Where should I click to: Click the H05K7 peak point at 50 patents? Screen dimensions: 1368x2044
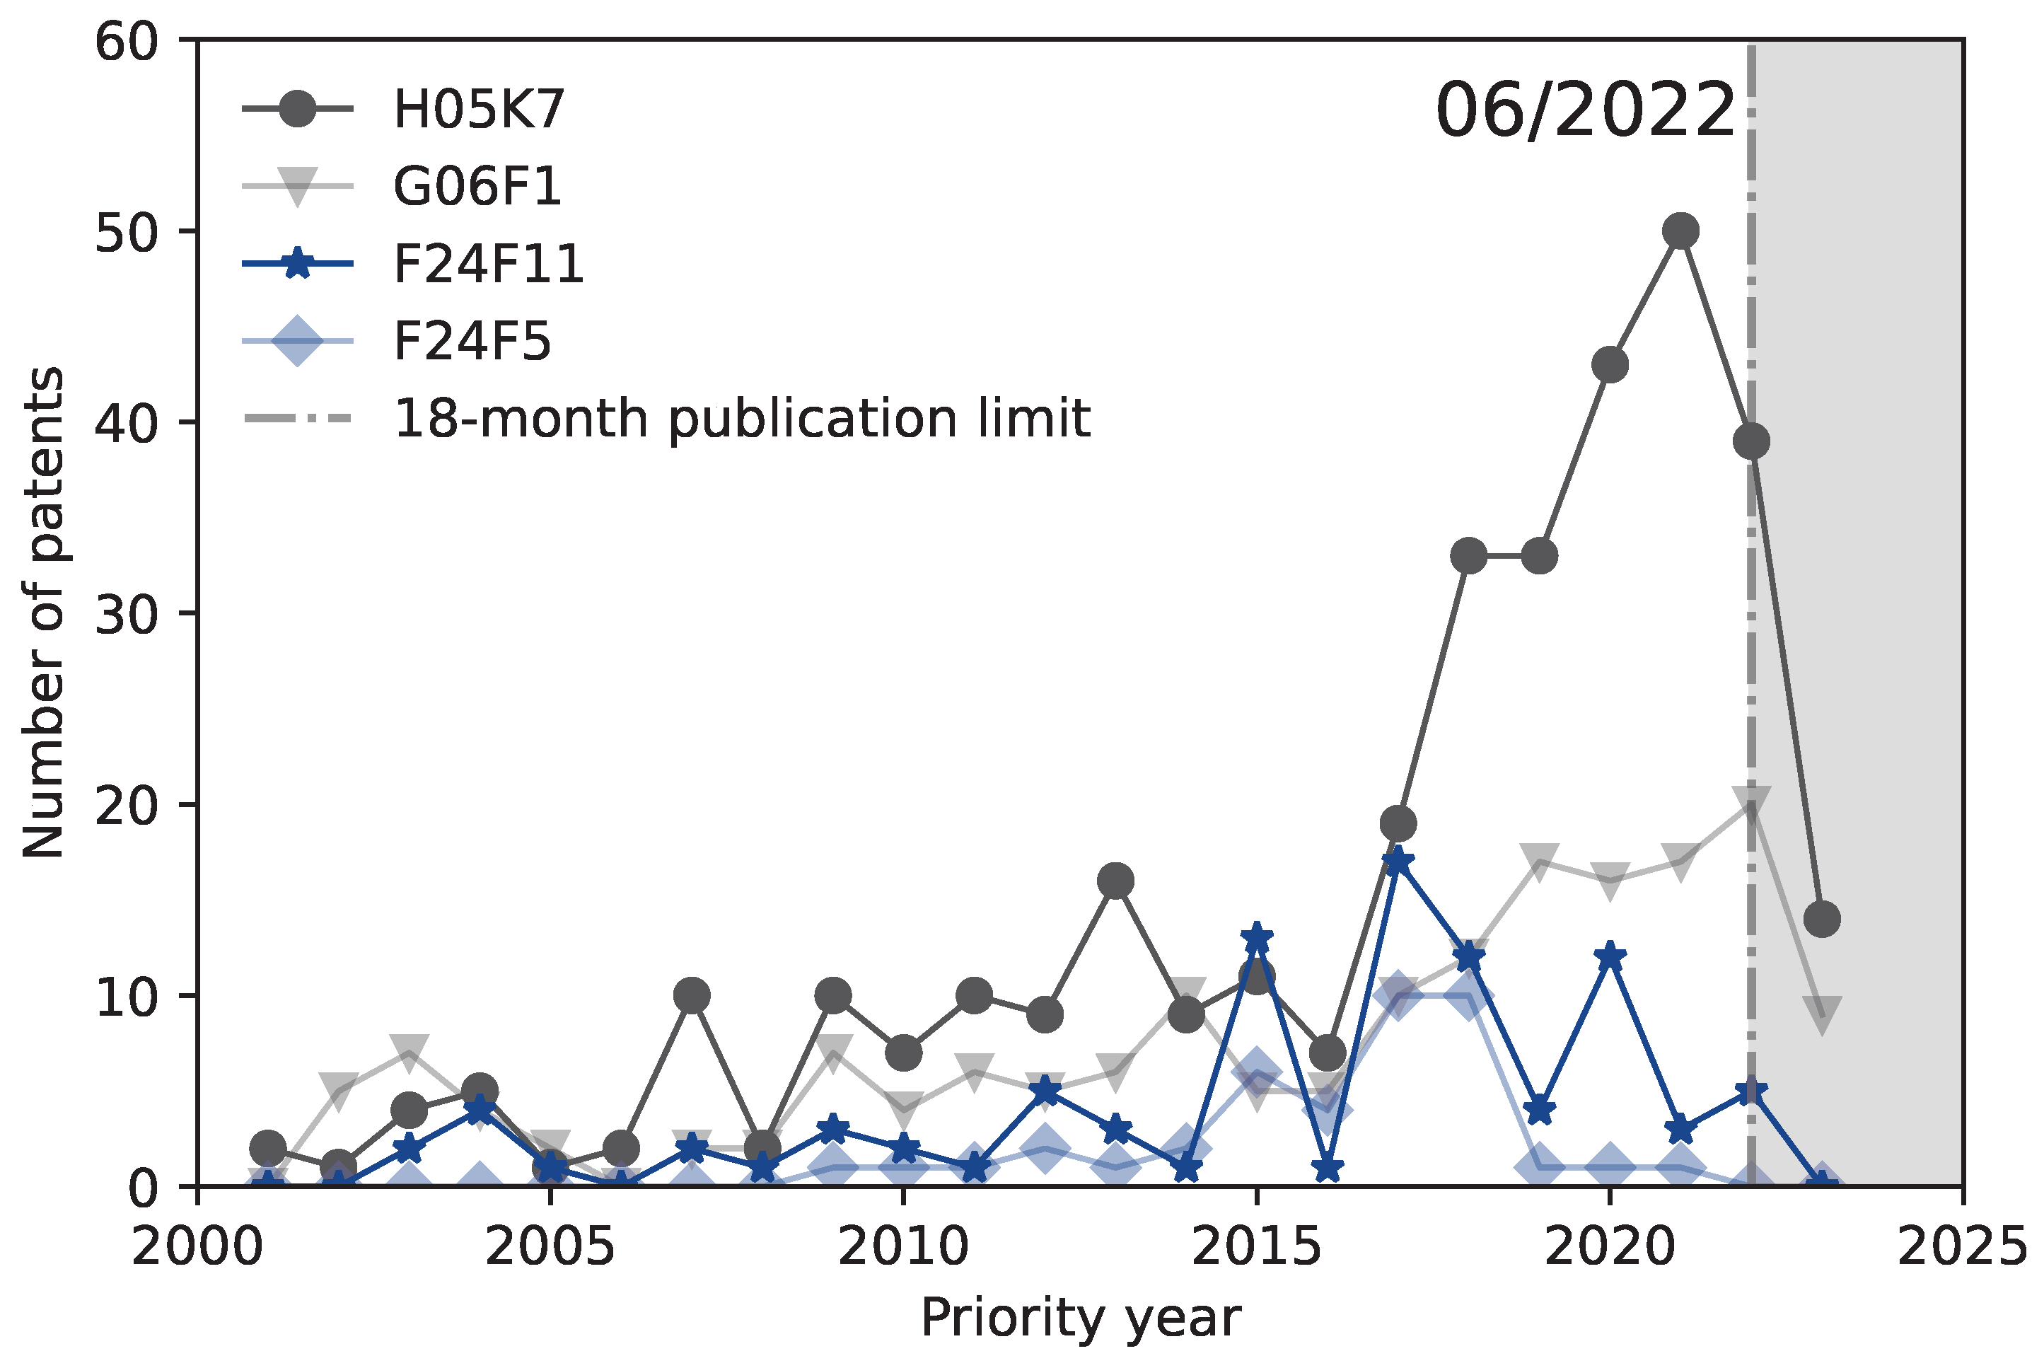click(x=1680, y=231)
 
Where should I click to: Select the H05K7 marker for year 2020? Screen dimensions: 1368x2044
click(x=1610, y=365)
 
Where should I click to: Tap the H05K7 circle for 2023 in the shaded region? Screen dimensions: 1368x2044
click(x=1821, y=919)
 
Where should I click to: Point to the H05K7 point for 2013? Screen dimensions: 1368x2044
click(x=1115, y=881)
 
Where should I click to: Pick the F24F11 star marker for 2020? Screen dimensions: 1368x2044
click(x=1610, y=957)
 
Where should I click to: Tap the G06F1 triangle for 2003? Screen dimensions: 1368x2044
click(x=409, y=1050)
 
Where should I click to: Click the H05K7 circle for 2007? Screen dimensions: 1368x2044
click(x=692, y=995)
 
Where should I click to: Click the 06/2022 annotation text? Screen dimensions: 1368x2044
click(x=1584, y=111)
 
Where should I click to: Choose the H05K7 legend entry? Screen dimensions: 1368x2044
click(x=478, y=109)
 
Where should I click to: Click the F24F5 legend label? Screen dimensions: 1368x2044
click(x=472, y=340)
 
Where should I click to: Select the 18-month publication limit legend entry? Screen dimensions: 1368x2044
click(x=741, y=418)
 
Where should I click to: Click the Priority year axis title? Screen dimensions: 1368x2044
click(x=1080, y=1318)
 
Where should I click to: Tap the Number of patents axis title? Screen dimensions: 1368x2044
click(x=44, y=613)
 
